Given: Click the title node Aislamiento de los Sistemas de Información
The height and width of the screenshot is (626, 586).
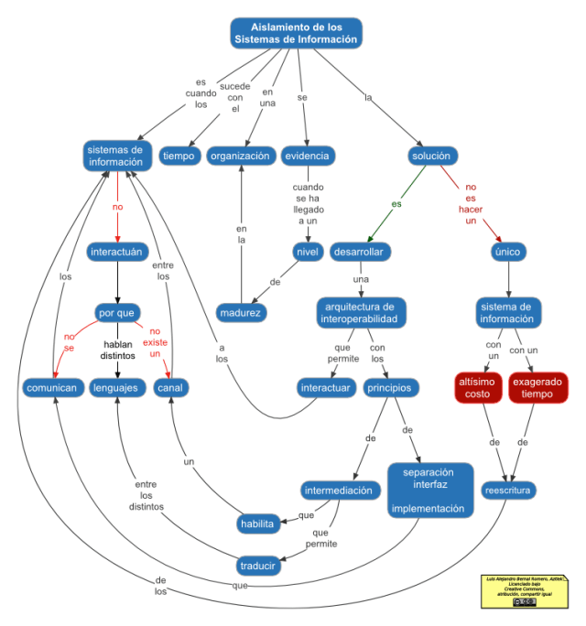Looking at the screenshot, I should [x=296, y=33].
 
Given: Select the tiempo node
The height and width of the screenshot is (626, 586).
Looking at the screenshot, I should [x=179, y=156].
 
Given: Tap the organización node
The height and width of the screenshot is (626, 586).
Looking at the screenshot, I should [x=241, y=156].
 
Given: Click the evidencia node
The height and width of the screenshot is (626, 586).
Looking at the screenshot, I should [x=306, y=156].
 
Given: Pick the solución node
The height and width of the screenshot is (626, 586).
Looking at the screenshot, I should [x=430, y=156].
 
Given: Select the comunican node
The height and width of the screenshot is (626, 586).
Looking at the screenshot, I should [x=51, y=388].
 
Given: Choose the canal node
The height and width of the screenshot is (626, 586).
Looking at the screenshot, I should [x=170, y=388].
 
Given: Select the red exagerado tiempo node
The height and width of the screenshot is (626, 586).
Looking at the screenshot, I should [x=538, y=386].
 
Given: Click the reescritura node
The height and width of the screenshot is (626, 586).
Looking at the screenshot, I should [x=508, y=490].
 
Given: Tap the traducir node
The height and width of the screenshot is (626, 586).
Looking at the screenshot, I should [x=258, y=565].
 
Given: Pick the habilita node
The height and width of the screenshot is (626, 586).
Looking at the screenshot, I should [x=257, y=523].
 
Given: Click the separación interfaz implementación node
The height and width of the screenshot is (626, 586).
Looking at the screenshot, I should [x=429, y=490].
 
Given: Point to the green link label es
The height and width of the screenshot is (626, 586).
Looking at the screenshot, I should [x=396, y=204].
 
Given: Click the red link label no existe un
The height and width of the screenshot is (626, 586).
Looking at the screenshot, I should [x=156, y=342].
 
